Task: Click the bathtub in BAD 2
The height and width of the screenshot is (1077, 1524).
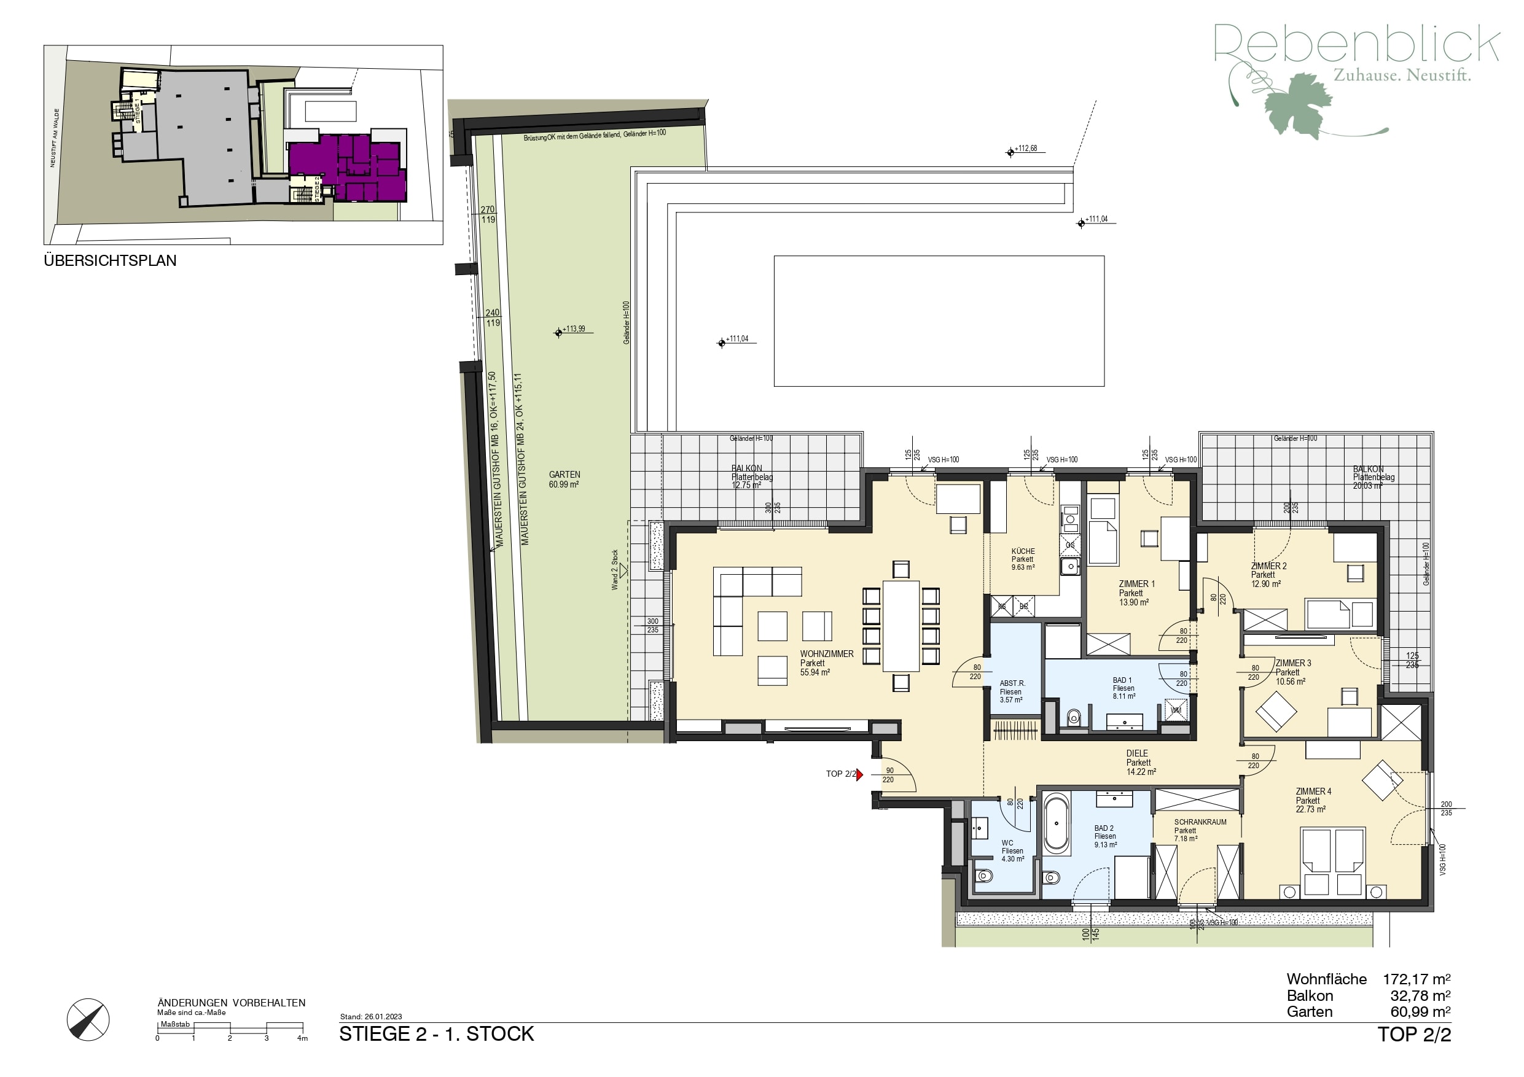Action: (x=1056, y=825)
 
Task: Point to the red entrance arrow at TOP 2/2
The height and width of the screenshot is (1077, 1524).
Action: (x=859, y=774)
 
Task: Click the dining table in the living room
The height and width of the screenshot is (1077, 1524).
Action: (x=901, y=626)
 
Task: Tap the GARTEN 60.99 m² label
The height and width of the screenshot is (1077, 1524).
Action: (x=564, y=479)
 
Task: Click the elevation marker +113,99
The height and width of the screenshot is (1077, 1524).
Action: (x=559, y=332)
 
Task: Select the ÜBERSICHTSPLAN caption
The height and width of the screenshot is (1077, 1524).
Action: (x=110, y=261)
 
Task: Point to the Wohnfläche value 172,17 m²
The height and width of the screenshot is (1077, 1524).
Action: (x=1416, y=979)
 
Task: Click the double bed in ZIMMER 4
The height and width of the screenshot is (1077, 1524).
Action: (x=1332, y=860)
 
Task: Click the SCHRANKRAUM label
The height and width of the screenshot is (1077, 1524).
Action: (x=1200, y=822)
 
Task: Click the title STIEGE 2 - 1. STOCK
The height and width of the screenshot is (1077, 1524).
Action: (x=436, y=1034)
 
